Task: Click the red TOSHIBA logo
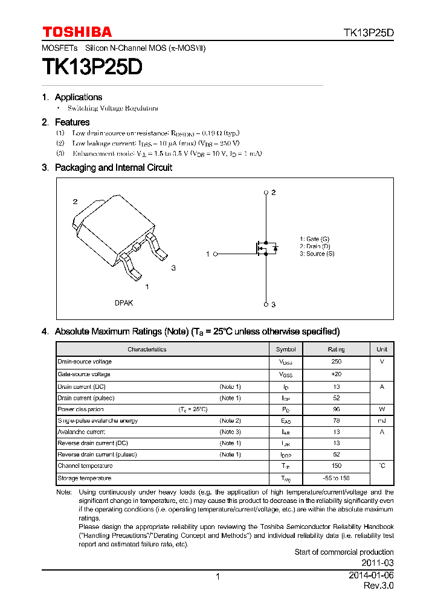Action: point(77,32)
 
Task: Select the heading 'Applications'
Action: point(79,97)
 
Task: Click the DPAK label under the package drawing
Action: point(124,303)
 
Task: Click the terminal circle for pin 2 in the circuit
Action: point(266,193)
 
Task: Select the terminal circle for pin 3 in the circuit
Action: point(266,304)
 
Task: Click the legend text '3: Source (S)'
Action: point(317,254)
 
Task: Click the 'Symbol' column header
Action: point(286,350)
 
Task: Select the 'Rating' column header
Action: point(337,350)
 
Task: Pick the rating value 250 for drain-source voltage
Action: point(337,362)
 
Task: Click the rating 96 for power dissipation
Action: point(337,409)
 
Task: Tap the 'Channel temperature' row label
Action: point(85,465)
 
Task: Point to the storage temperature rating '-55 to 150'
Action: point(337,478)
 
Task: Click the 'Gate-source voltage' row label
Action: point(84,374)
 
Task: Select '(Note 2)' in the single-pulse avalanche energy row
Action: point(230,420)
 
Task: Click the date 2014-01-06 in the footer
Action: point(371,576)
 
